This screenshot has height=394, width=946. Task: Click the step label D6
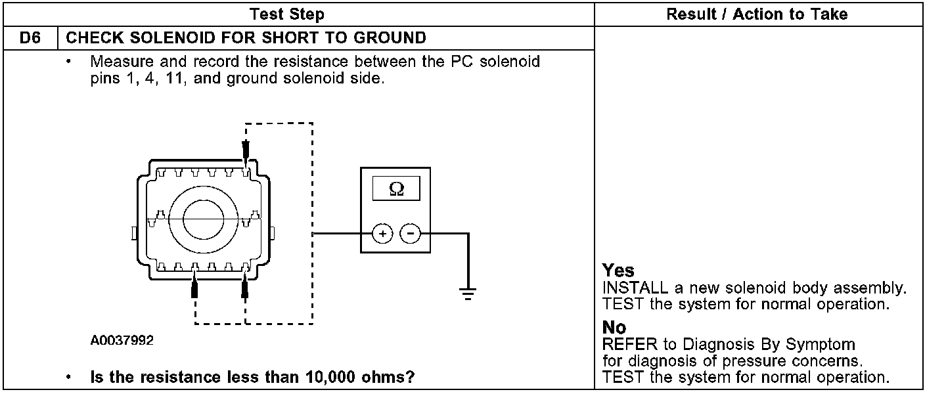click(30, 37)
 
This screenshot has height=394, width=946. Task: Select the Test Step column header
click(287, 14)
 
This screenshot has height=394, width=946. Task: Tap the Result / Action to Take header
click(757, 14)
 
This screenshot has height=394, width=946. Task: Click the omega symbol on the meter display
click(396, 189)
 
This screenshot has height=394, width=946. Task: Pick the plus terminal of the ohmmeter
click(383, 233)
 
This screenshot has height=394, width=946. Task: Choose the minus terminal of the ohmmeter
click(411, 233)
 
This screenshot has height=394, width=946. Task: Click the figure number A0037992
click(122, 341)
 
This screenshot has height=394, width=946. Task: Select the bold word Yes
click(618, 271)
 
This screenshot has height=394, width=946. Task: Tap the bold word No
click(614, 327)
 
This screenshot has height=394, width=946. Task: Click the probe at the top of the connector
click(246, 153)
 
